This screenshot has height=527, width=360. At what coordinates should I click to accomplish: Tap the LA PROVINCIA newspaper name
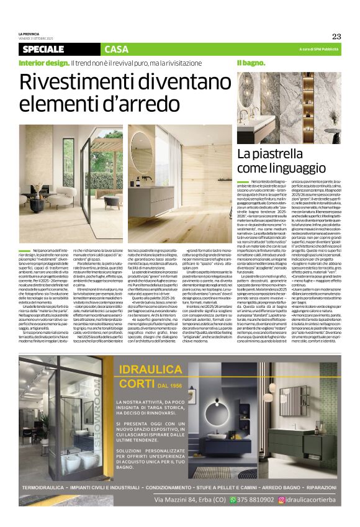(28, 34)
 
